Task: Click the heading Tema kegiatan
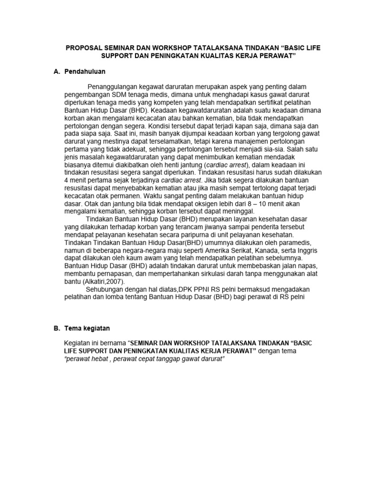coord(87,328)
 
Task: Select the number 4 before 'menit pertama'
coord(67,181)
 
